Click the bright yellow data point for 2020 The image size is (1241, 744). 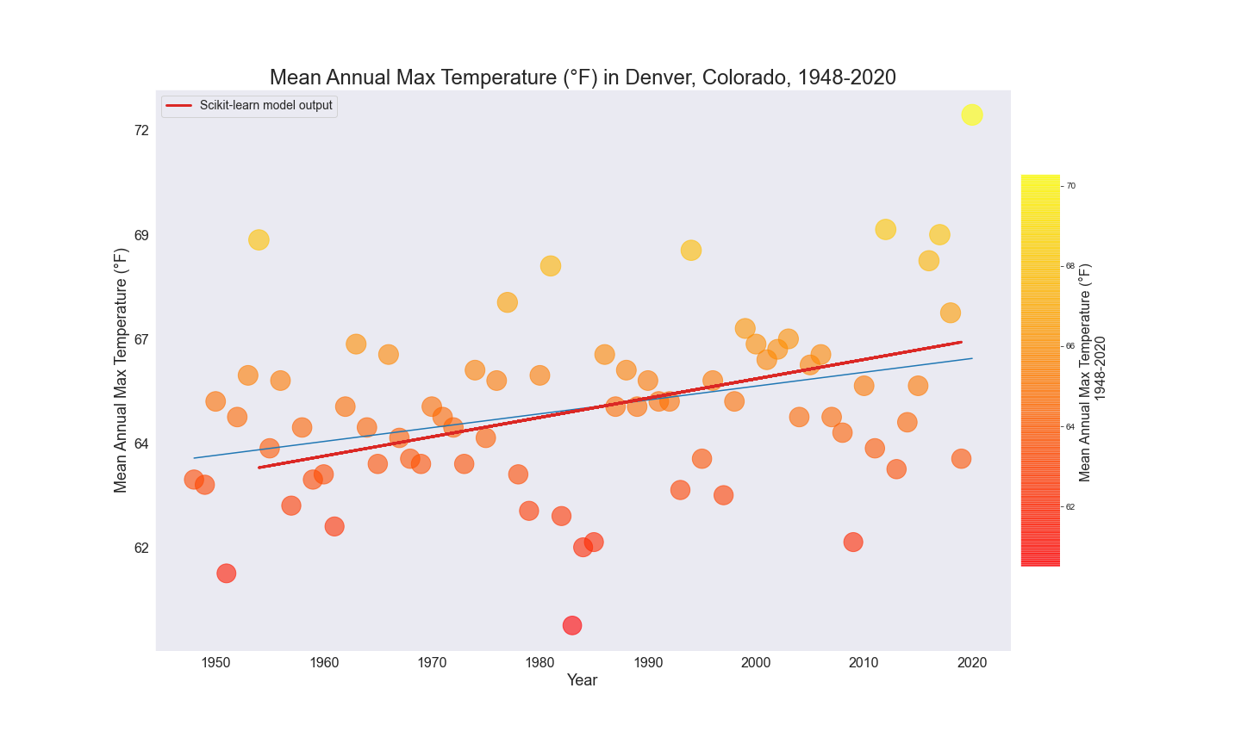tap(972, 115)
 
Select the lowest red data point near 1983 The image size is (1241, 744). tap(572, 625)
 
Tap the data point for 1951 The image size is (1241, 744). tap(227, 573)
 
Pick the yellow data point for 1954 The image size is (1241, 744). tap(259, 239)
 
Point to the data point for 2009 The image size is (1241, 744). tap(853, 542)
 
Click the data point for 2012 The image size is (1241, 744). tap(885, 229)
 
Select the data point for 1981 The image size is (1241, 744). tap(551, 266)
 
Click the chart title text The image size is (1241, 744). tap(583, 77)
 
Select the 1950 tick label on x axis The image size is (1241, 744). tap(215, 662)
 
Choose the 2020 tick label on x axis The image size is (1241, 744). tap(972, 662)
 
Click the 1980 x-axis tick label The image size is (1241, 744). tap(539, 662)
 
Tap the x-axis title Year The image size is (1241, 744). tap(583, 680)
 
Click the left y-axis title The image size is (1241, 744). tap(121, 370)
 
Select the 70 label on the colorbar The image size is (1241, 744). tap(1070, 186)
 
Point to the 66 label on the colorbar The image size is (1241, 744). tap(1070, 346)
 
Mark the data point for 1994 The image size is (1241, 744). tap(691, 251)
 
